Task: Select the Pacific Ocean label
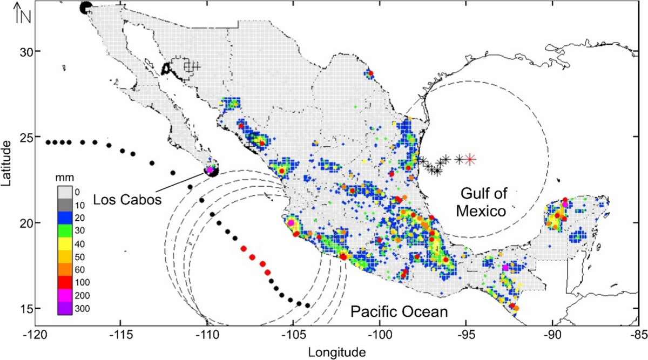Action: coord(399,311)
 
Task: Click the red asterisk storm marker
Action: coord(470,159)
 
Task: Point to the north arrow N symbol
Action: coord(23,14)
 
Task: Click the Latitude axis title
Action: coord(7,163)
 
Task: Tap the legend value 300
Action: coord(80,309)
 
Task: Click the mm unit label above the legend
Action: coord(67,176)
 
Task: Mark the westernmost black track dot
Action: coord(48,142)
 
